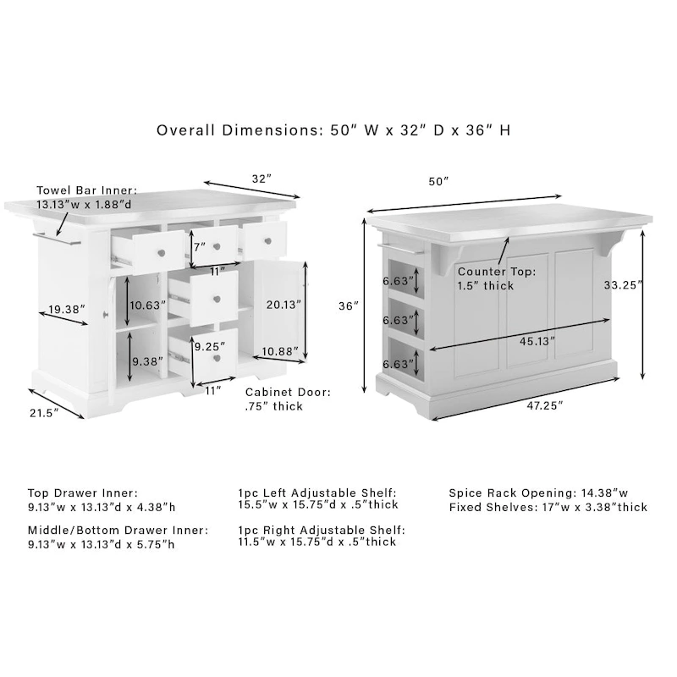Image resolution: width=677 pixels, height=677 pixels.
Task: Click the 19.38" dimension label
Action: (x=67, y=310)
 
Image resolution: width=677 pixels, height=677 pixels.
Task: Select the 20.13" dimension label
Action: (x=282, y=304)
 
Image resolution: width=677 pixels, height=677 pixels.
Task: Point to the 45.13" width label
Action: (x=538, y=340)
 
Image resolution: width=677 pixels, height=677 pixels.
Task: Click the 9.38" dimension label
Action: (x=146, y=361)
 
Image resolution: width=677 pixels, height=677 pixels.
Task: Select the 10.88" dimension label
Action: (x=279, y=351)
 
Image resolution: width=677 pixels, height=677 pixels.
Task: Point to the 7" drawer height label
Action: (x=200, y=248)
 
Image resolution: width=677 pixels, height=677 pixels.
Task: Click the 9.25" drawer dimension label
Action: (x=209, y=347)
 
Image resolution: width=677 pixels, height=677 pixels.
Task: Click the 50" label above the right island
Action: (x=438, y=181)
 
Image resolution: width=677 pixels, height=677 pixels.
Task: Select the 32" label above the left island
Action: (x=261, y=179)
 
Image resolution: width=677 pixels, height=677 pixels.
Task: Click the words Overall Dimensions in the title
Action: (x=234, y=130)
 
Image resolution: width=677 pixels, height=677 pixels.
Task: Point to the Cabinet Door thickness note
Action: (x=288, y=399)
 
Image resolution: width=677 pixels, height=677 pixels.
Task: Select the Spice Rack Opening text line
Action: (x=538, y=492)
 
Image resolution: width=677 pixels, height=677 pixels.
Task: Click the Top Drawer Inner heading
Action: (x=82, y=492)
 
